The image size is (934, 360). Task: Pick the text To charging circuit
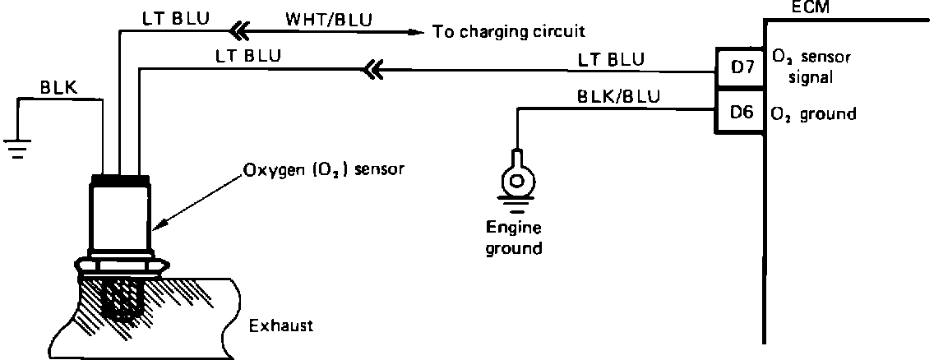pos(508,32)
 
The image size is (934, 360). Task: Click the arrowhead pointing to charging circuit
pos(416,32)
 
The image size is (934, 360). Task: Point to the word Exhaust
pos(280,325)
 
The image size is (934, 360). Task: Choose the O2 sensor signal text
pos(811,67)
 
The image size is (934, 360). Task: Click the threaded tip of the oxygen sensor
pos(121,301)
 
